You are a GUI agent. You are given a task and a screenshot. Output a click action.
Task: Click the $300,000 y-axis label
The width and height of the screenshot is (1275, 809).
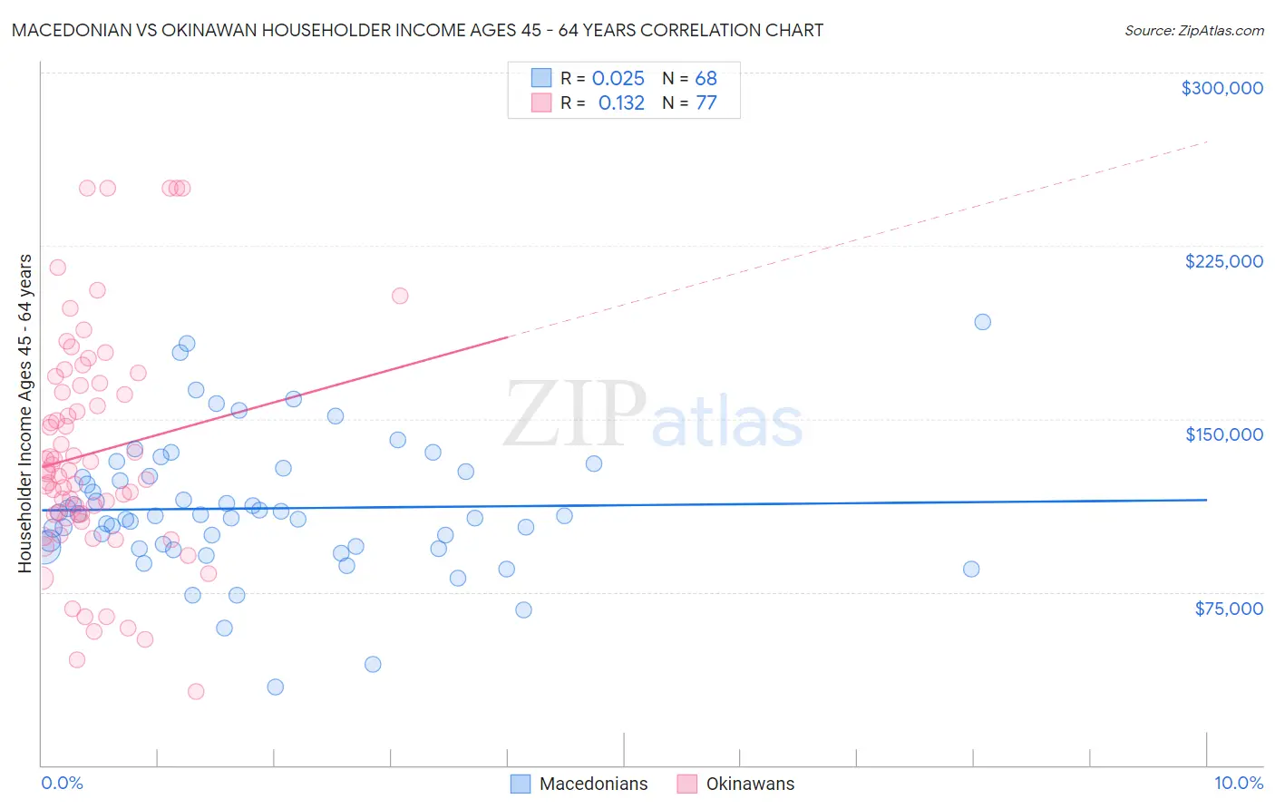tap(1221, 88)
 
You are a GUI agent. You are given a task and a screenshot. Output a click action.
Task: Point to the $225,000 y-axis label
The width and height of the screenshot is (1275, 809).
tap(1223, 261)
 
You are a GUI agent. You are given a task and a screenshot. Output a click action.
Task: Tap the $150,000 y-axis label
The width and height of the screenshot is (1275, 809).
tap(1223, 434)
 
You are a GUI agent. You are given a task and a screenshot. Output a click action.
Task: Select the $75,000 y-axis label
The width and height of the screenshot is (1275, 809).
tap(1228, 609)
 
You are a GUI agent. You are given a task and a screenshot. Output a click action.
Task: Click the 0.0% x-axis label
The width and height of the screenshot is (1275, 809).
tap(62, 784)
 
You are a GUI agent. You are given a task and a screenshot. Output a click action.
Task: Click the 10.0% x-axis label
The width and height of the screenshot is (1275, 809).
tap(1238, 784)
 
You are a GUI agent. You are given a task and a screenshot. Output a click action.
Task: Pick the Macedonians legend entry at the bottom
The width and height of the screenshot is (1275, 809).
tap(593, 784)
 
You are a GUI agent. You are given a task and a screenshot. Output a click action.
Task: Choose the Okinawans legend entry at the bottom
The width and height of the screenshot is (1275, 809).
tap(750, 784)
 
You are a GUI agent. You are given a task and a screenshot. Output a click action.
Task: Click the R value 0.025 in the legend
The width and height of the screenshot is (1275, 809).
tap(618, 78)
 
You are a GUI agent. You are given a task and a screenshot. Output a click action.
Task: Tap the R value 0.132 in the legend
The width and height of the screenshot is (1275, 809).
tap(621, 102)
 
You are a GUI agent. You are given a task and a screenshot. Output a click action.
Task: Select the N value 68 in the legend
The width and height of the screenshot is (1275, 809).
tap(706, 78)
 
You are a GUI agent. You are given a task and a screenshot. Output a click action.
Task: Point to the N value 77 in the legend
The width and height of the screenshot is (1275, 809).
tap(706, 102)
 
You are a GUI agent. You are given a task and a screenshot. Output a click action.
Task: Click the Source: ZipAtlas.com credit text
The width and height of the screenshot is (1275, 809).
tap(1193, 30)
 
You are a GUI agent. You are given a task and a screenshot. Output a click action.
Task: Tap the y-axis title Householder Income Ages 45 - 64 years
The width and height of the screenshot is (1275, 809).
tap(24, 413)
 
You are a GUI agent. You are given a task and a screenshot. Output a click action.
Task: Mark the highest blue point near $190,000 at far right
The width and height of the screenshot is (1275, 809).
tap(982, 322)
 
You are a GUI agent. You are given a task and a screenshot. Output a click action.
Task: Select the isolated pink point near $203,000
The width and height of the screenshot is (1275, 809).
tap(400, 296)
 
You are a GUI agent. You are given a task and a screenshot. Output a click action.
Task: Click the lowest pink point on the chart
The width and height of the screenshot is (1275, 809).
tap(196, 691)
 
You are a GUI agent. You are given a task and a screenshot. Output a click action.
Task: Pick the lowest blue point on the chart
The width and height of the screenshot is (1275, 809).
tap(276, 687)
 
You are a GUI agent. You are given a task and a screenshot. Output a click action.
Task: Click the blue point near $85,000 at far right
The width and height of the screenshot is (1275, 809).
tap(971, 569)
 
